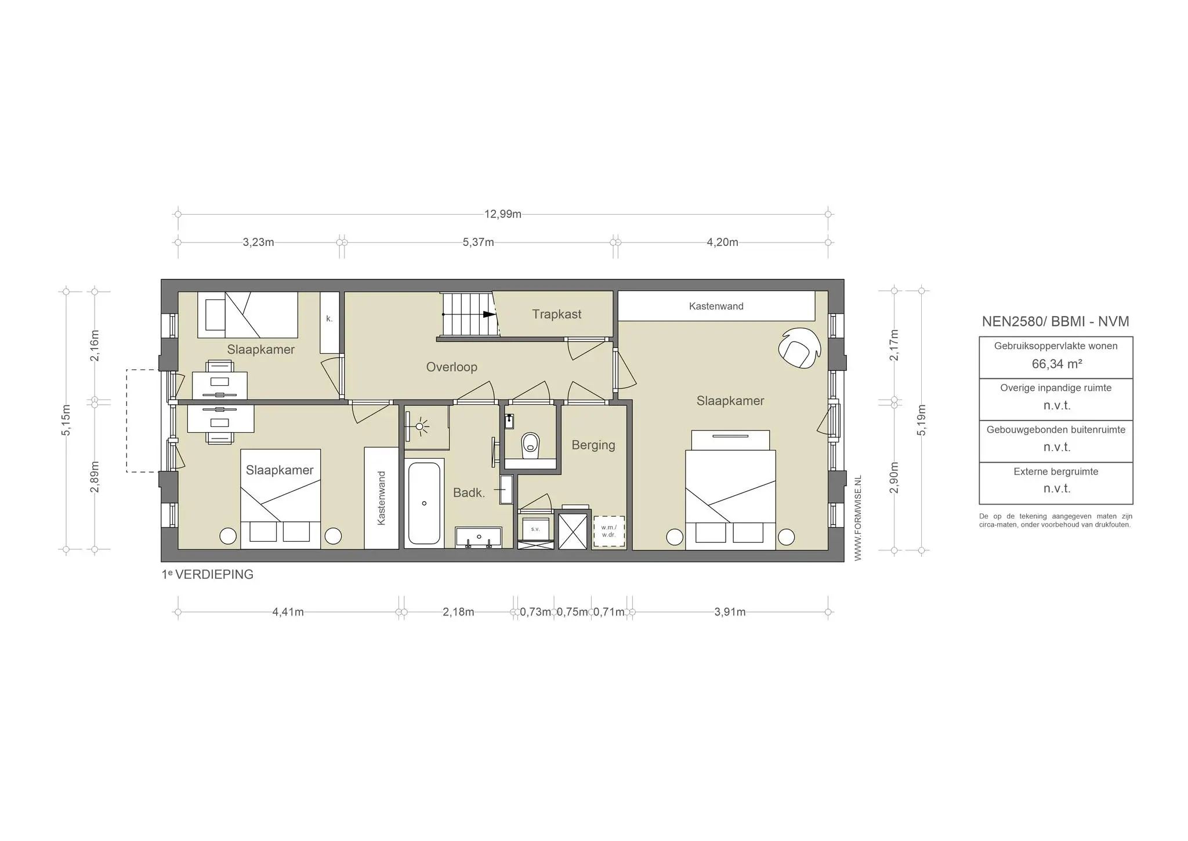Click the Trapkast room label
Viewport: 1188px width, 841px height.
[556, 314]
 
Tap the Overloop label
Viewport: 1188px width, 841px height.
[451, 367]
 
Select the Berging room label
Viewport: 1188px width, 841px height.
[593, 445]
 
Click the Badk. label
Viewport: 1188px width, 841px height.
[469, 492]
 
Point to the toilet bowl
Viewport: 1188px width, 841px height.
[530, 445]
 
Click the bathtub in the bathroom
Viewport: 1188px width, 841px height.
[424, 502]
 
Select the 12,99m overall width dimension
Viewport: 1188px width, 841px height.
[503, 214]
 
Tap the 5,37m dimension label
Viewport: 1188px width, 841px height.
[478, 242]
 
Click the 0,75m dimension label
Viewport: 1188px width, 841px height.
[572, 612]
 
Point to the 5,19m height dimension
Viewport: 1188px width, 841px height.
[922, 420]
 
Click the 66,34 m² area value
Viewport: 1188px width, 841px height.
[1057, 364]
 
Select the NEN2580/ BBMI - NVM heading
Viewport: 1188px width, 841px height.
[1055, 321]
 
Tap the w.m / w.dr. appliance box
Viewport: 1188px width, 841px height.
[609, 531]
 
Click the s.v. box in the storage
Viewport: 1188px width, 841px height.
[535, 529]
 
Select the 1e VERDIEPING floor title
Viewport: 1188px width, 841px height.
[208, 575]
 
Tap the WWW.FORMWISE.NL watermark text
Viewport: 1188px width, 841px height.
[858, 518]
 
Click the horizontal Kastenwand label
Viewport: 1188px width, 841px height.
[716, 306]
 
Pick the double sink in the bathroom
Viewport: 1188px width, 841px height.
[478, 537]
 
